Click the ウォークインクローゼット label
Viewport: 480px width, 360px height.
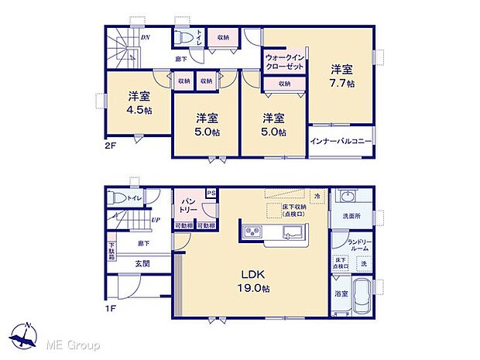pyautogui.click(x=284, y=63)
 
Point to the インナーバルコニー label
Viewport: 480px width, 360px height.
pyautogui.click(x=341, y=141)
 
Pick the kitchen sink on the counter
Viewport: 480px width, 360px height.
pyautogui.click(x=294, y=233)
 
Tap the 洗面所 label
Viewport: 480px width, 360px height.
pyautogui.click(x=351, y=216)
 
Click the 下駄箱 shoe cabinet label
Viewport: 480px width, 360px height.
pyautogui.click(x=111, y=253)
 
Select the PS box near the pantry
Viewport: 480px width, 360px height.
pyautogui.click(x=210, y=194)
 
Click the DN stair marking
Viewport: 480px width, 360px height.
pyautogui.click(x=145, y=37)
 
